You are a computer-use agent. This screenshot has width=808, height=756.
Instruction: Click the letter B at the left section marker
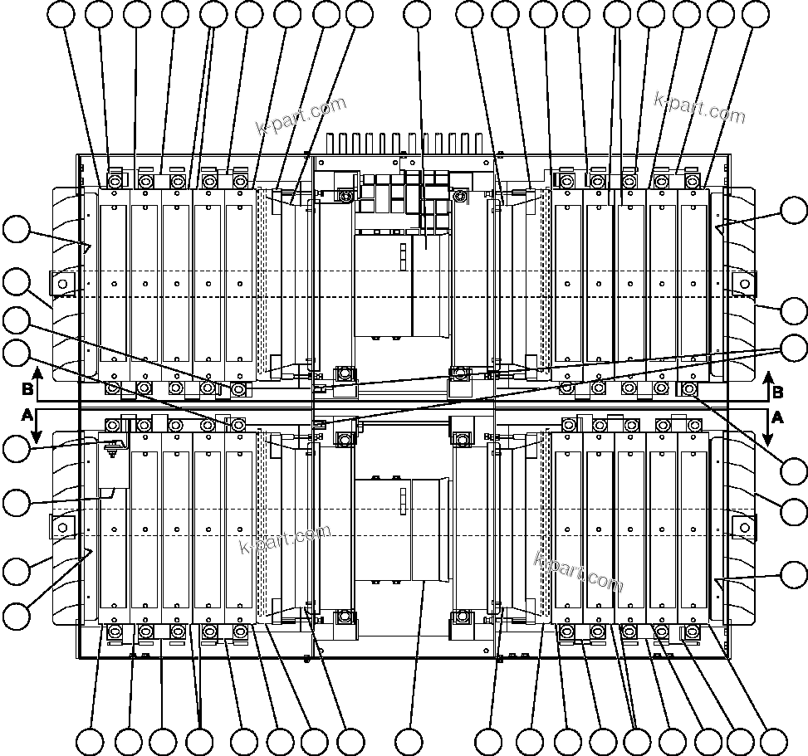pyautogui.click(x=27, y=388)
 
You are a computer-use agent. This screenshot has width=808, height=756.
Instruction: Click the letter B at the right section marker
pyautogui.click(x=778, y=392)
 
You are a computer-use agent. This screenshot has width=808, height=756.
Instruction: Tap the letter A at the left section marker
pyautogui.click(x=27, y=413)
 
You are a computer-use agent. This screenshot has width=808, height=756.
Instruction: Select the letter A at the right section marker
pyautogui.click(x=778, y=417)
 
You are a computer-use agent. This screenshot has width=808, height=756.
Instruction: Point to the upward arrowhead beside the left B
pyautogui.click(x=37, y=373)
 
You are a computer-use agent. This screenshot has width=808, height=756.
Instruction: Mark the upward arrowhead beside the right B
pyautogui.click(x=768, y=376)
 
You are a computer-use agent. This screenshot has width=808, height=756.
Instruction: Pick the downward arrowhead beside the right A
pyautogui.click(x=768, y=437)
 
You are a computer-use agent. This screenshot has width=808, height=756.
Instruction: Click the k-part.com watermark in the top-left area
pyautogui.click(x=301, y=117)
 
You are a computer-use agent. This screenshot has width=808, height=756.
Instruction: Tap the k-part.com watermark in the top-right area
pyautogui.click(x=699, y=105)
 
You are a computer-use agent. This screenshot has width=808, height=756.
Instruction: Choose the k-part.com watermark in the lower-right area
pyautogui.click(x=578, y=572)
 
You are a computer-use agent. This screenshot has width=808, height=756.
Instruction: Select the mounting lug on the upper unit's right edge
pyautogui.click(x=743, y=284)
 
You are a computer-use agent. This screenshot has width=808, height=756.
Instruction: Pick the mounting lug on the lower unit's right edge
pyautogui.click(x=743, y=526)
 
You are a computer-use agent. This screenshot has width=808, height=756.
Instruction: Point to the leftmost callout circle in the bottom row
pyautogui.click(x=90, y=741)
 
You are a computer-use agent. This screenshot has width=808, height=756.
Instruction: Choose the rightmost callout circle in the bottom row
pyautogui.click(x=773, y=741)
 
